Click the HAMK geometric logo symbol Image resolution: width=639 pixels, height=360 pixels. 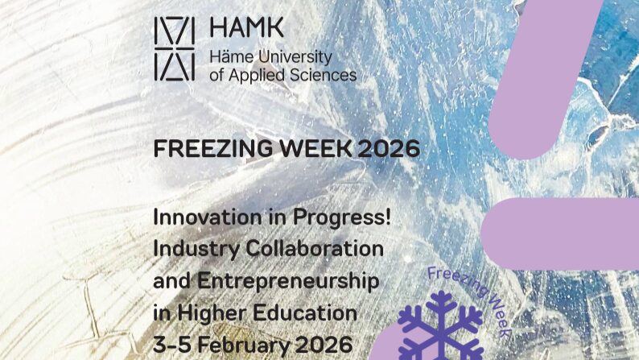pyautogui.click(x=174, y=48)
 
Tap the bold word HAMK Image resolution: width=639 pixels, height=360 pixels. pyautogui.click(x=246, y=27)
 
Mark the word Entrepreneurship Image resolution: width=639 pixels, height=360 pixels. pyautogui.click(x=288, y=281)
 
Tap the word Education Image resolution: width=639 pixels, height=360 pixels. pyautogui.click(x=310, y=312)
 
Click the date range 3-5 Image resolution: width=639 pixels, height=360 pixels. pyautogui.click(x=172, y=343)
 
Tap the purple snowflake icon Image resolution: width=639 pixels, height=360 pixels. pyautogui.click(x=439, y=328)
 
